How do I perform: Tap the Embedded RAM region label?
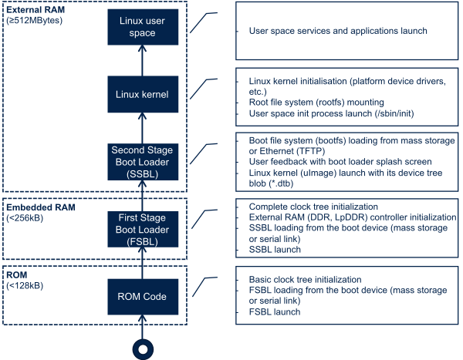pyautogui.click(x=33, y=207)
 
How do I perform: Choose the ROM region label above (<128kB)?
pyautogui.click(x=16, y=275)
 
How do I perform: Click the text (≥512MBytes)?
pyautogui.click(x=35, y=20)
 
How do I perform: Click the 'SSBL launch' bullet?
pyautogui.click(x=275, y=250)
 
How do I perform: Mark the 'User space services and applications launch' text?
pyautogui.click(x=338, y=31)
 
